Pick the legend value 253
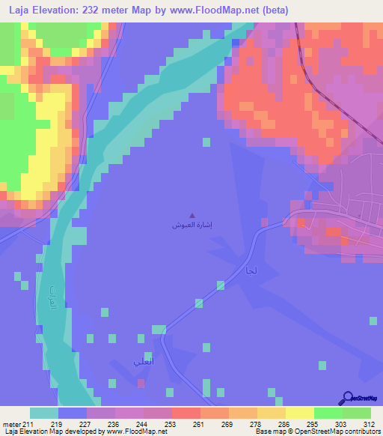pyautogui.click(x=171, y=423)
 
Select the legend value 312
pyautogui.click(x=370, y=423)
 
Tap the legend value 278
pyautogui.click(x=257, y=423)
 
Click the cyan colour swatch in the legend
pyautogui.click(x=43, y=413)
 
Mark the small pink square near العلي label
pyautogui.click(x=141, y=383)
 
